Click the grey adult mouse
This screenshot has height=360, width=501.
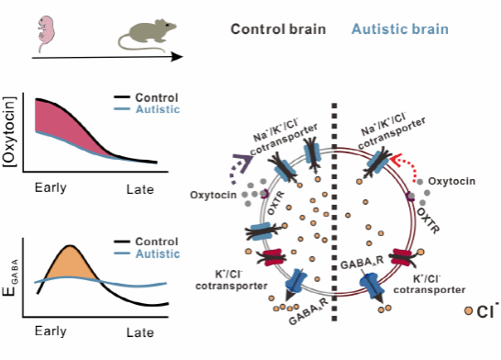tap(147, 35)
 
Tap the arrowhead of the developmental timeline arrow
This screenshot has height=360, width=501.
tap(177, 57)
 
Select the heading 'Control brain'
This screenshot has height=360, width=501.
tap(278, 29)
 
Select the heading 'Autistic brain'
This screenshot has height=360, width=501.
tap(400, 29)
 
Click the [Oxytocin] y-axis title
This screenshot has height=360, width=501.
tap(9, 131)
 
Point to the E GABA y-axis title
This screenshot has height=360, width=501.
tap(10, 277)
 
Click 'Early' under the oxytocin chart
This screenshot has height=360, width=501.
tap(50, 187)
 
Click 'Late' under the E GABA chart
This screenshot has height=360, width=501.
tap(140, 332)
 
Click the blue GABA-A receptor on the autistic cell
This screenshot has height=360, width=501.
tap(372, 286)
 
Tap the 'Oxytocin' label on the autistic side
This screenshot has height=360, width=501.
tap(451, 181)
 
